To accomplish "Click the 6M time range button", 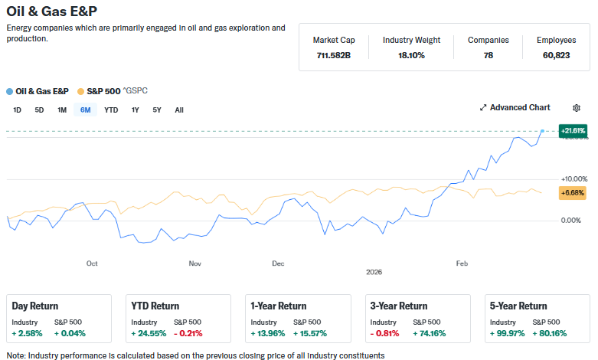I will (x=85, y=110).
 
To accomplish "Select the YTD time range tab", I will (x=111, y=110).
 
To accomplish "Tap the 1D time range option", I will (x=17, y=110).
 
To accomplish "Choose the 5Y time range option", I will (x=157, y=110).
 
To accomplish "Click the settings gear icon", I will (x=577, y=108).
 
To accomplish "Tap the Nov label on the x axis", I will (x=194, y=263).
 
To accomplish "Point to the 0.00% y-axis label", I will (x=570, y=221).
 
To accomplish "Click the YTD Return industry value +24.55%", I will (x=148, y=333).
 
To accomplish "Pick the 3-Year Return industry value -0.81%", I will (x=384, y=333).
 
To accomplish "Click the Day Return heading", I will (x=35, y=306).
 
